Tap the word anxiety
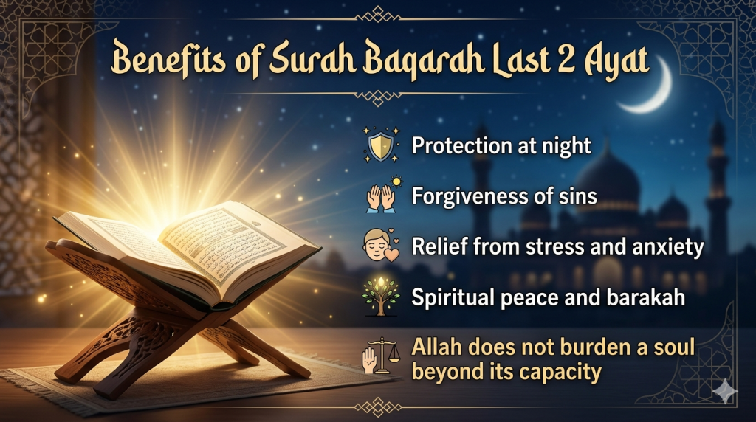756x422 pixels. click(667, 247)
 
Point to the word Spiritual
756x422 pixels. click(451, 298)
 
